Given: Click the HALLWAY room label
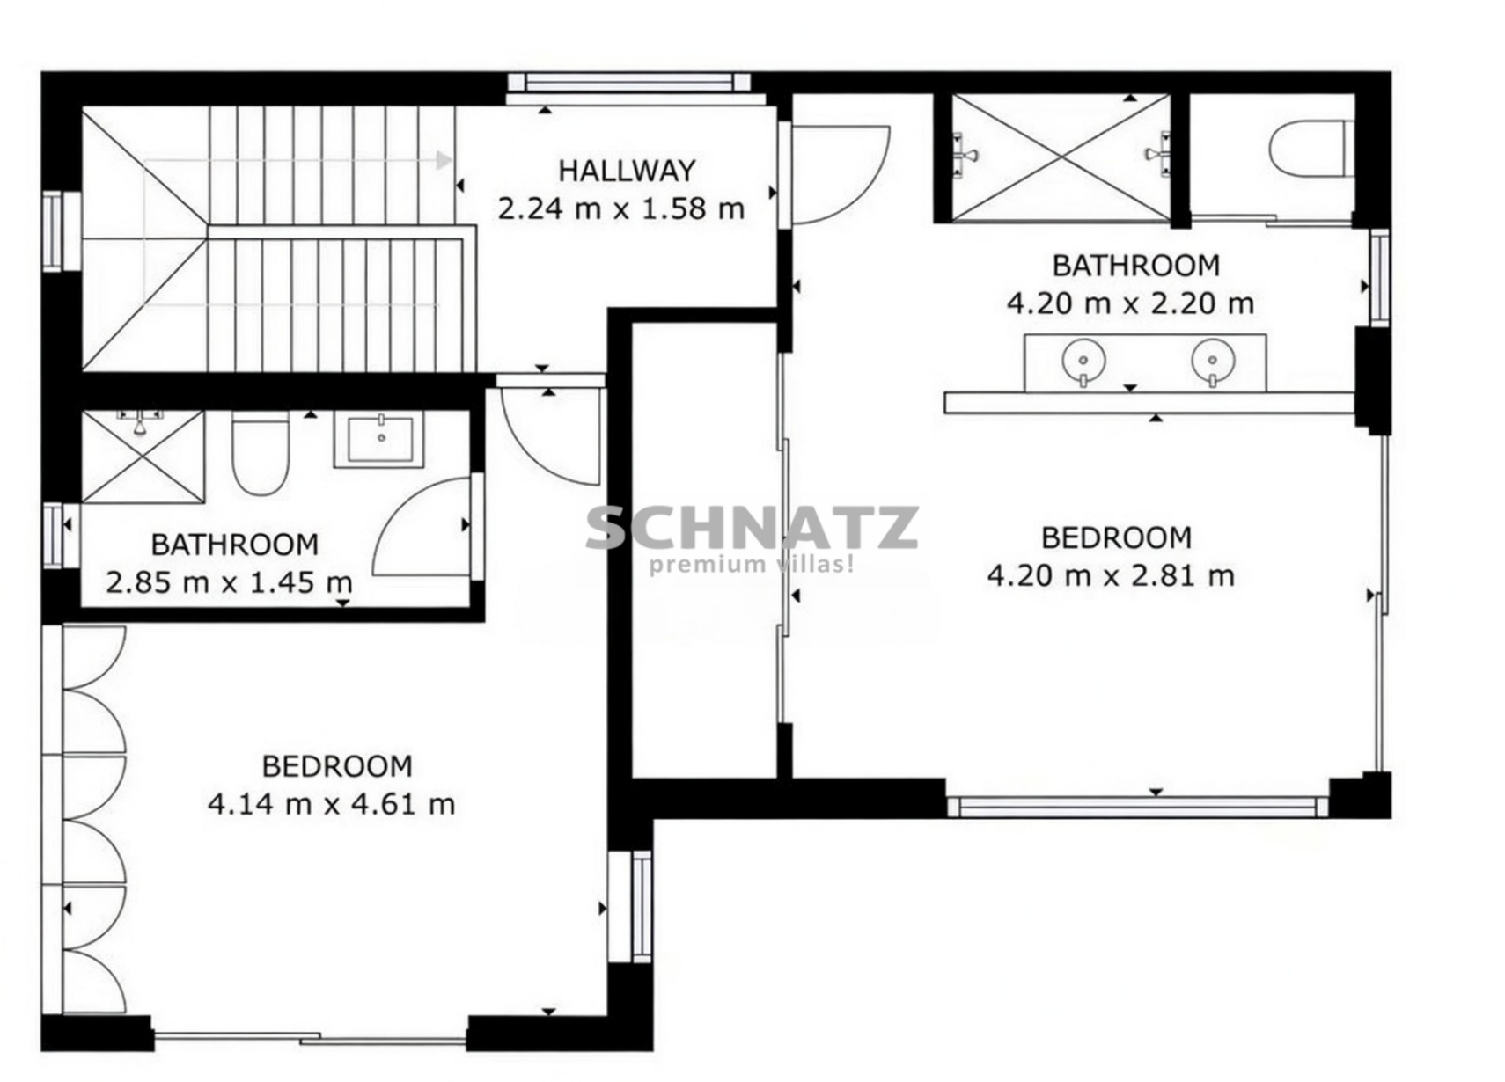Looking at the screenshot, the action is pos(626,171).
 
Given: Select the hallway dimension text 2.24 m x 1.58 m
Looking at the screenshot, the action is pos(620,208).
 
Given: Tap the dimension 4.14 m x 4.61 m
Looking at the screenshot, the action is pos(331,803).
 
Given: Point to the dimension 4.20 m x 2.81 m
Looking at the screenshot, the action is pos(1111,575).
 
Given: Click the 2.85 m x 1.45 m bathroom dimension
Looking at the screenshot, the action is pos(229,581).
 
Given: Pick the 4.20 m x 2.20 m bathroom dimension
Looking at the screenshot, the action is pos(1130,303).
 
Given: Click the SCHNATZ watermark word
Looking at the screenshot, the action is pos(752,528).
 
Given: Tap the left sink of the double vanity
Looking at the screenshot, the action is pos(1083,362).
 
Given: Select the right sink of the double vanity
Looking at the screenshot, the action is pos(1213,362).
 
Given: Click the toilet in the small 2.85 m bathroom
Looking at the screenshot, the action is pos(260,453).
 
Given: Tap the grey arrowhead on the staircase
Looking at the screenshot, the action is pos(444,160).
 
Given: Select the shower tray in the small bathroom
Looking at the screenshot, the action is pos(143,457).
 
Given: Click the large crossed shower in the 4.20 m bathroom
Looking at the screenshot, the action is pos(1061,157).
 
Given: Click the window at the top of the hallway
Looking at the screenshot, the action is pos(629,83).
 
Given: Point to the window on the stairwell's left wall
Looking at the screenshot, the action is pos(53,231).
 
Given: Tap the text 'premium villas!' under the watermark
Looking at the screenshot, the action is pos(752,565).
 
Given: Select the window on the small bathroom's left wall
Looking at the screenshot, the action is pos(53,536).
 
